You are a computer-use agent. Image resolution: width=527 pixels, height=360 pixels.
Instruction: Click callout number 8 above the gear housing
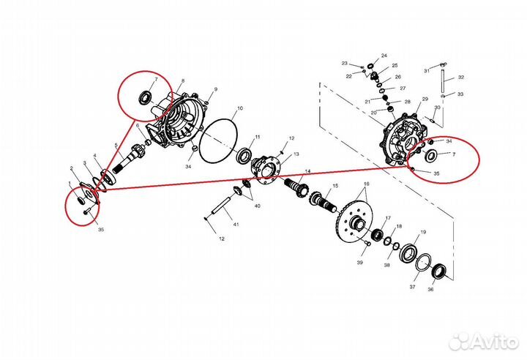(x=182, y=80)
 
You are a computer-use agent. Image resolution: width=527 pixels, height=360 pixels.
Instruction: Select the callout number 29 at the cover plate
(x=424, y=99)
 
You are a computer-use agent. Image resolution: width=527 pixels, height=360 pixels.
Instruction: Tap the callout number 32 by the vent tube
(x=461, y=78)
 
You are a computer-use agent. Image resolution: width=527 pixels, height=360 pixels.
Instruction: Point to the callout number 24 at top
(x=384, y=55)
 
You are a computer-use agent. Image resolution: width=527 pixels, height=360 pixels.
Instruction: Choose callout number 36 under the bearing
(x=430, y=289)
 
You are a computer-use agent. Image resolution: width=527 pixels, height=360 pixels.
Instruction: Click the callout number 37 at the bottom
(x=412, y=288)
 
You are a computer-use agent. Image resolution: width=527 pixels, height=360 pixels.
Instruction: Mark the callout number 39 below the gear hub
(x=360, y=262)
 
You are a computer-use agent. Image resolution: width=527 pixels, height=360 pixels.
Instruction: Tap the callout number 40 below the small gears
(x=257, y=206)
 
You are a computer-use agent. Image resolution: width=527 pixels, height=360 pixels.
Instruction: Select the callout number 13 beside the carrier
(x=296, y=155)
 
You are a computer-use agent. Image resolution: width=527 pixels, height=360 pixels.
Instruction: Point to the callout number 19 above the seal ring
(x=423, y=232)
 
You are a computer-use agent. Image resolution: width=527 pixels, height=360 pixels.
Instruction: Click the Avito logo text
(x=490, y=341)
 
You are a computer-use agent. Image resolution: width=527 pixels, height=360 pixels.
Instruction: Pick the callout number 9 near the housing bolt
(x=216, y=90)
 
